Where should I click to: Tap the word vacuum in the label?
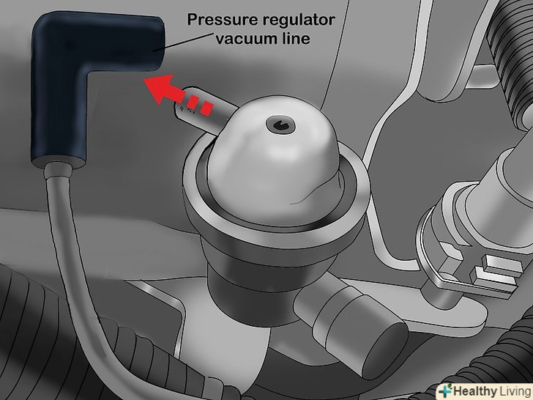point(240,38)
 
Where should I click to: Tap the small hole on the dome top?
point(280,125)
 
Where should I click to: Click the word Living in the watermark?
point(515,390)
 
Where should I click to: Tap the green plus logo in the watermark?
point(445,390)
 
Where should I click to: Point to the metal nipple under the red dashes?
point(204,110)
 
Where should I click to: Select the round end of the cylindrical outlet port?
point(384,350)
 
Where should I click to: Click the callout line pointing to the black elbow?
point(184,42)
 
